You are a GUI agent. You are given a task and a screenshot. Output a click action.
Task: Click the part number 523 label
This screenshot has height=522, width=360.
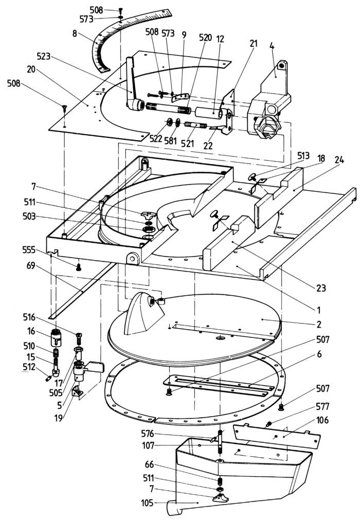pyautogui.click(x=44, y=56)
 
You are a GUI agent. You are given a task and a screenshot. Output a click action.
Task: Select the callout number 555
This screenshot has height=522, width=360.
pyautogui.click(x=29, y=249)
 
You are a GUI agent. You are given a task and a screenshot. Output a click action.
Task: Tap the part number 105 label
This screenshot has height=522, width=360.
pyautogui.click(x=147, y=503)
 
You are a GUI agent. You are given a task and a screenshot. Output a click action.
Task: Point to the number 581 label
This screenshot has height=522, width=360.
pyautogui.click(x=171, y=140)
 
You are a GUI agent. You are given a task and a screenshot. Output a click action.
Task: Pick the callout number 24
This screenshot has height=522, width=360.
pyautogui.click(x=339, y=160)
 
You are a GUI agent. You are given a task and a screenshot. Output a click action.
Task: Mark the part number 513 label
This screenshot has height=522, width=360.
pyautogui.click(x=303, y=155)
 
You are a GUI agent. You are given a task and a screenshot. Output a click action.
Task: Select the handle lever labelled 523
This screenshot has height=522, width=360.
pyautogui.click(x=133, y=86)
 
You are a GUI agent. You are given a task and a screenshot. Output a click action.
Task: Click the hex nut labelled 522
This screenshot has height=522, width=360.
pyautogui.click(x=169, y=122)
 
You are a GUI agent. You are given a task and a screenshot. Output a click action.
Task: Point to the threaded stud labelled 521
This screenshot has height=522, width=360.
pyautogui.click(x=195, y=125)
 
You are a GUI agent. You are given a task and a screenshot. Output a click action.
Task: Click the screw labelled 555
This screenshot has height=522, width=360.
pyautogui.click(x=79, y=267)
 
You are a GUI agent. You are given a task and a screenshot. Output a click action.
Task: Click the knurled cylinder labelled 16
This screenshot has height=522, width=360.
pyautogui.click(x=56, y=337)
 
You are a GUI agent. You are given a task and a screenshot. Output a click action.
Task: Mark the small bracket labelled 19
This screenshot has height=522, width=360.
pyautogui.click(x=78, y=391)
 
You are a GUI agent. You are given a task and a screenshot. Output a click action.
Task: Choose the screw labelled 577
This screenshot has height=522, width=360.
pyautogui.click(x=268, y=424)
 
